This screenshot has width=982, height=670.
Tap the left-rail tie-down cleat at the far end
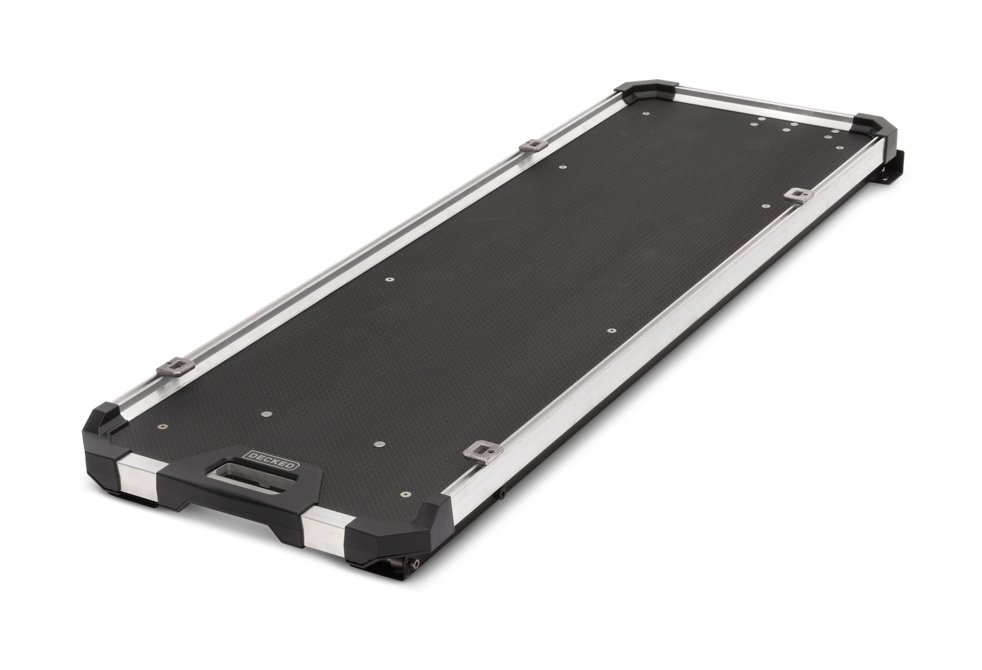point(532,145)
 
